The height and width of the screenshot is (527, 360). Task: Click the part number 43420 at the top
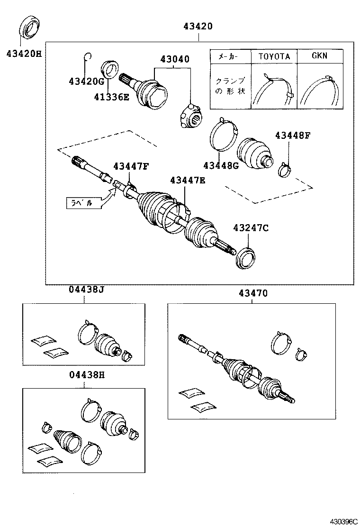point(198,27)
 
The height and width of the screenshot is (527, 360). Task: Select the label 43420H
point(24,54)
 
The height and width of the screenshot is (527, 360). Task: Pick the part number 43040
point(174,59)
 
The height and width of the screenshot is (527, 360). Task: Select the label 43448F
point(292,136)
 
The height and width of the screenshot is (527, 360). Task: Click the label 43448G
point(221,165)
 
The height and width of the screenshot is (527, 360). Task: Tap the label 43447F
point(131,166)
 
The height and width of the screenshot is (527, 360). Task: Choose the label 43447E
point(188,180)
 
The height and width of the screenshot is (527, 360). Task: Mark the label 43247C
point(251,228)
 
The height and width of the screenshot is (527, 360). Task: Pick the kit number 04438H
point(84,375)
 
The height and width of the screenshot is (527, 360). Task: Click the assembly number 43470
point(250,293)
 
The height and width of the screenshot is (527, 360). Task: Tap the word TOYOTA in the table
point(274,56)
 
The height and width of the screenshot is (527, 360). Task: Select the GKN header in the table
point(319,55)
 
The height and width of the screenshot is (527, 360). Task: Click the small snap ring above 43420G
point(87,57)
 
